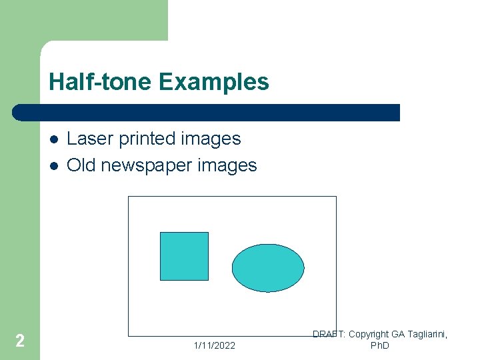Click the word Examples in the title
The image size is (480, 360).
tap(214, 82)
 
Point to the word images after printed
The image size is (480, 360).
tap(210, 139)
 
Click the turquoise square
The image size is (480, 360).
tap(184, 256)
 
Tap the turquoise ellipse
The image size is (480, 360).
tap(268, 268)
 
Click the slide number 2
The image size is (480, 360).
tap(20, 341)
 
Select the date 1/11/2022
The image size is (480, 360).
tap(214, 345)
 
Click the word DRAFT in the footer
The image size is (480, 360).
tap(329, 334)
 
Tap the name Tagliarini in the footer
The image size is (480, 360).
tap(427, 334)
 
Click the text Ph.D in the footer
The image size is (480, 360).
tap(379, 345)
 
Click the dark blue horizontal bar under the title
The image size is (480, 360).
tap(207, 112)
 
